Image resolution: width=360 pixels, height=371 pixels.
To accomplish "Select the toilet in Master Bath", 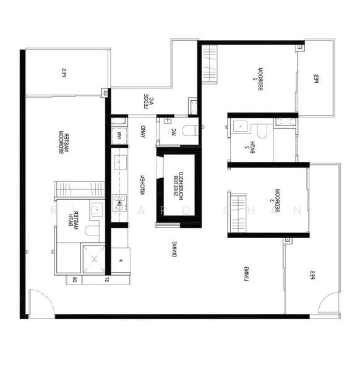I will (x=90, y=231).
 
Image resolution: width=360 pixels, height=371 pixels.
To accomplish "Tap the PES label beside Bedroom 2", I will (x=315, y=78).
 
